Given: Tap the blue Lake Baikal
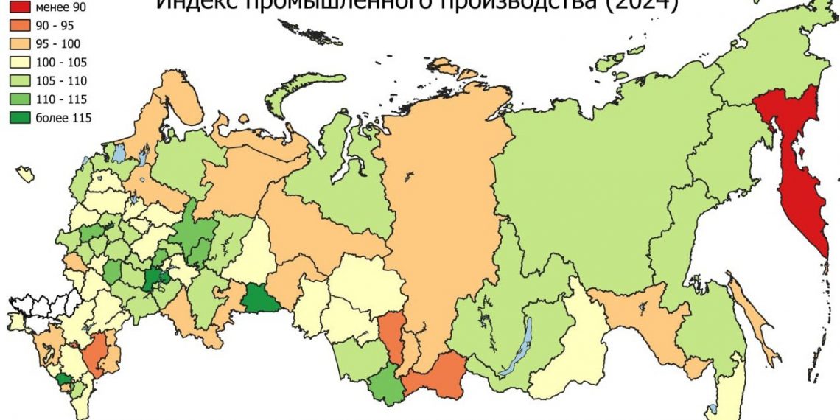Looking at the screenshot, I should point(516,346).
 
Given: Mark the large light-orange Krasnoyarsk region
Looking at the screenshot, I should point(435,206).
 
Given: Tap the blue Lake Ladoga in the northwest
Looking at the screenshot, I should point(119,153).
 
